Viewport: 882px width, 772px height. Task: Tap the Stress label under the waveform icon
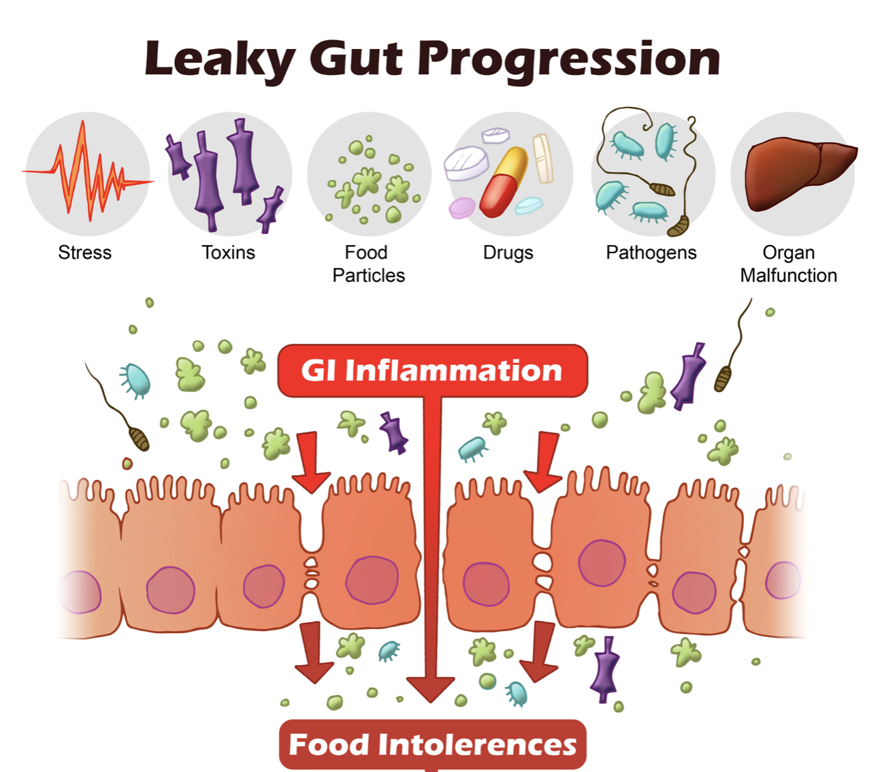click(x=84, y=253)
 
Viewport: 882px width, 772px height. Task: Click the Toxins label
click(x=228, y=253)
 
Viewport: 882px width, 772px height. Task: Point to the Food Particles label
click(x=368, y=264)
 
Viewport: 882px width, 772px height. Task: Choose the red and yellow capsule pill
click(x=503, y=182)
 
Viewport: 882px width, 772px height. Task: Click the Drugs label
click(x=508, y=253)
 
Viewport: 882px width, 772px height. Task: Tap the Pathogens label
click(x=651, y=253)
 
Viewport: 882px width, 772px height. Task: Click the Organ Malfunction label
click(x=788, y=264)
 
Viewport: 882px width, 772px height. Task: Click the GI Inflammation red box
click(x=432, y=371)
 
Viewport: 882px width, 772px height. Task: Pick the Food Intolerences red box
click(x=432, y=744)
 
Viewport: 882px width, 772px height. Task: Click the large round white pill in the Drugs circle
click(x=466, y=163)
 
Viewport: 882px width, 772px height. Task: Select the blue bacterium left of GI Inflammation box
click(x=135, y=381)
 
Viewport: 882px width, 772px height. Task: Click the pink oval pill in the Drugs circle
click(x=461, y=207)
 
